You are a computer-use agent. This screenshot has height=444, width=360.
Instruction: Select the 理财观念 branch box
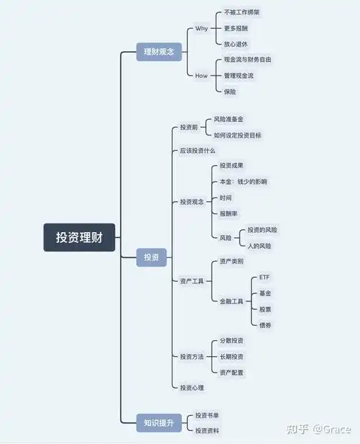click(x=159, y=52)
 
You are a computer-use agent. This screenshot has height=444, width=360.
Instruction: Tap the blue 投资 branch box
click(x=151, y=257)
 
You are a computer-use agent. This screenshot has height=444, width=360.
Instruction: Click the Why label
click(x=201, y=29)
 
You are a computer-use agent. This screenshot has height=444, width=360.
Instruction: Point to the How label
click(x=201, y=75)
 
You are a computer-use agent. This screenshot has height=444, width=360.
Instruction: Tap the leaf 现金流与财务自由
click(x=248, y=59)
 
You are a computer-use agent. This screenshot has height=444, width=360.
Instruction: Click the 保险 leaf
click(x=230, y=91)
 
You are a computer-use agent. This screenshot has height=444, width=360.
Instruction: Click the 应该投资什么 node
click(x=197, y=151)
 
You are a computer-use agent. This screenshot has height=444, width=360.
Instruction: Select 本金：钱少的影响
click(x=243, y=182)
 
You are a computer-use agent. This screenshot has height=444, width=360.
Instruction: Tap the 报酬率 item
click(x=229, y=213)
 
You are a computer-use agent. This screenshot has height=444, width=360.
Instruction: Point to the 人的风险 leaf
click(x=259, y=246)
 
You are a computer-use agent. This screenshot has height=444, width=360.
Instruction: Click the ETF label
click(x=264, y=277)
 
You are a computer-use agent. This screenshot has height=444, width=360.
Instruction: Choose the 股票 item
click(x=265, y=308)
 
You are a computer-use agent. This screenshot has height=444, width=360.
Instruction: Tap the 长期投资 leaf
click(x=231, y=356)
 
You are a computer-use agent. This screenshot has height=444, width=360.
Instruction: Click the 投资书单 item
click(x=207, y=416)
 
